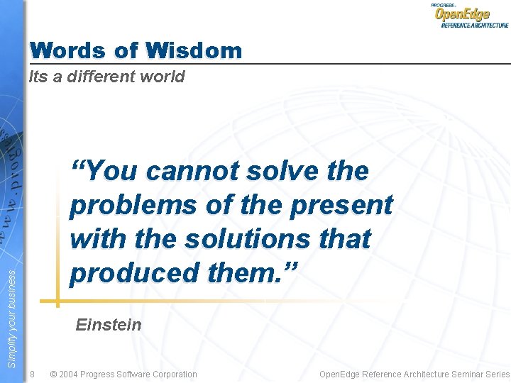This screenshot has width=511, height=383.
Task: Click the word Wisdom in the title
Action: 193,51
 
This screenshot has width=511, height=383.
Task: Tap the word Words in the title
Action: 66,51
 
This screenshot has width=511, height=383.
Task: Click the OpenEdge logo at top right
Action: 462,15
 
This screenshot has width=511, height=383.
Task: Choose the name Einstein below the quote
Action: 109,325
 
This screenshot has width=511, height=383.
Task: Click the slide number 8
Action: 32,374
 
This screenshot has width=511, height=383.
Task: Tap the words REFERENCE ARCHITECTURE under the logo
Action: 474,25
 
